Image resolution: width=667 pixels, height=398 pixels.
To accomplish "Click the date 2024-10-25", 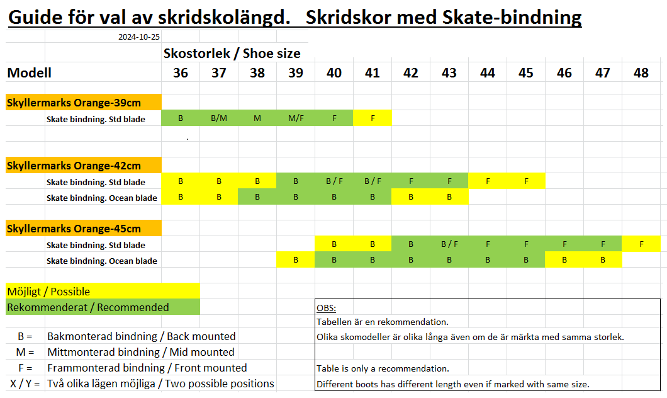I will (x=139, y=37).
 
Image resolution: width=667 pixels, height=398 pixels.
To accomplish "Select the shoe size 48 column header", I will (x=641, y=73).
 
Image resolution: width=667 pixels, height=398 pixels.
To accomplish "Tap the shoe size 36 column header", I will (x=181, y=73).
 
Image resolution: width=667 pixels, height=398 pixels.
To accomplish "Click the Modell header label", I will (x=29, y=73).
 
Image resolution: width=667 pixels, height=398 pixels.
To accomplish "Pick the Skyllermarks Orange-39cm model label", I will (x=74, y=103).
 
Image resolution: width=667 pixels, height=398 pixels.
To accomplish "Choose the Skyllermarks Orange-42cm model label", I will (x=74, y=166).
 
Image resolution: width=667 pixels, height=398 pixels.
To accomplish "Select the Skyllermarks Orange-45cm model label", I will (x=74, y=229).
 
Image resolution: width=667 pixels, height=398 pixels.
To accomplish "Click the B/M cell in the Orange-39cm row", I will (x=219, y=118).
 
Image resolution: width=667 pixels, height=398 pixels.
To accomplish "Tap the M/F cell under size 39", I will (x=296, y=118).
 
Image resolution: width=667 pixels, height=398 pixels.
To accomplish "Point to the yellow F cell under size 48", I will (x=641, y=244).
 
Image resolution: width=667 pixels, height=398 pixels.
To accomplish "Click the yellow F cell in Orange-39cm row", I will (x=373, y=118).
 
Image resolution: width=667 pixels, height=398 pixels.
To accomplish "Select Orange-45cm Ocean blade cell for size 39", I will (x=296, y=260).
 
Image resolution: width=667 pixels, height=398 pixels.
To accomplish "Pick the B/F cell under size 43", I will (x=449, y=244).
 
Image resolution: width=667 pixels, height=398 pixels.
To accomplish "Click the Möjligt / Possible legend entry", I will (x=48, y=292).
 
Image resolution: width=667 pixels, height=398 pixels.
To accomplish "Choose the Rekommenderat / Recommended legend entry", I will (x=87, y=307).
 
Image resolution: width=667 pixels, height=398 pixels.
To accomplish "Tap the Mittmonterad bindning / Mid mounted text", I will (x=140, y=352).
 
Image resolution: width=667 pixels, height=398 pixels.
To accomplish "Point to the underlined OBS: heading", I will (x=326, y=309).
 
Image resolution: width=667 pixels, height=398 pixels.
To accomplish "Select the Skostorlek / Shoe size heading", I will (x=232, y=54).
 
